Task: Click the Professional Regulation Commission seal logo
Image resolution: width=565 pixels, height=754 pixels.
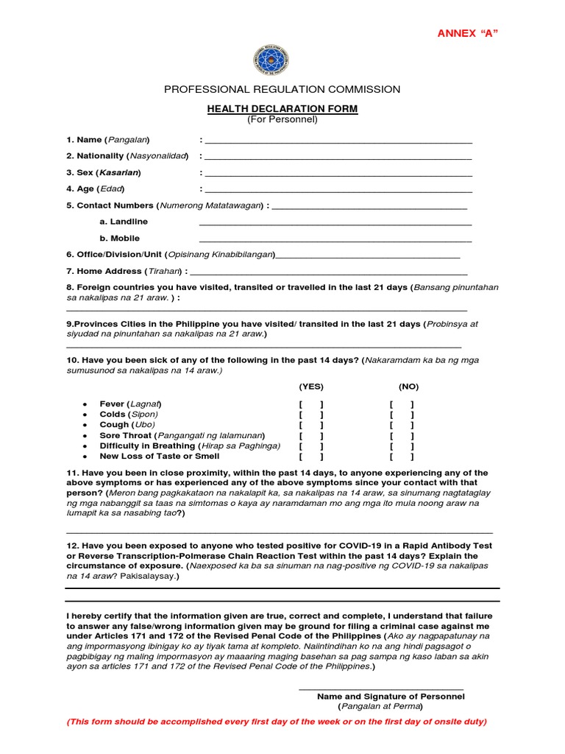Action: pos(271,60)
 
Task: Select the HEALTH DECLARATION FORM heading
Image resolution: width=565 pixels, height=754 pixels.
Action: pos(282,109)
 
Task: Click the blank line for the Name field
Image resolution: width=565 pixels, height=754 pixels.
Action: pos(338,141)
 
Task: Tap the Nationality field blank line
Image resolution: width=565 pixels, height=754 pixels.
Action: pos(338,158)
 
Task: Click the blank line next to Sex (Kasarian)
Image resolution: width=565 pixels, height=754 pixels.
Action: pos(338,175)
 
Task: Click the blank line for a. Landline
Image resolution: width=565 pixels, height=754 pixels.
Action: pos(335,225)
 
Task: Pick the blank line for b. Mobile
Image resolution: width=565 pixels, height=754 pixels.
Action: pos(335,242)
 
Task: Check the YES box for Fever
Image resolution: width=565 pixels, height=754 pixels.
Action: pos(311,404)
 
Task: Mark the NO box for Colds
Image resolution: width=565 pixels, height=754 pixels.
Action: pos(402,415)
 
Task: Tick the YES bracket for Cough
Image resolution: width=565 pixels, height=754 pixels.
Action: pos(311,425)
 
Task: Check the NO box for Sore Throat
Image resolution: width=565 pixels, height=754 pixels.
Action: pos(402,436)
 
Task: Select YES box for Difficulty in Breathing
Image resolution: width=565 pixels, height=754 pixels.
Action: pos(311,446)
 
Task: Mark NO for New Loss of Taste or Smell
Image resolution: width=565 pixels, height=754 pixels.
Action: pos(402,457)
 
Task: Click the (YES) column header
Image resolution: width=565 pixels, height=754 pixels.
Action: pos(311,387)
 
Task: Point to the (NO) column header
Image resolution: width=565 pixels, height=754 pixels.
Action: pos(409,387)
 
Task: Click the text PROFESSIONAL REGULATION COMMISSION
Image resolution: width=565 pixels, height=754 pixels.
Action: pos(282,89)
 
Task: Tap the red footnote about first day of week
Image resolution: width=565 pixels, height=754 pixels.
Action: pos(277,722)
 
